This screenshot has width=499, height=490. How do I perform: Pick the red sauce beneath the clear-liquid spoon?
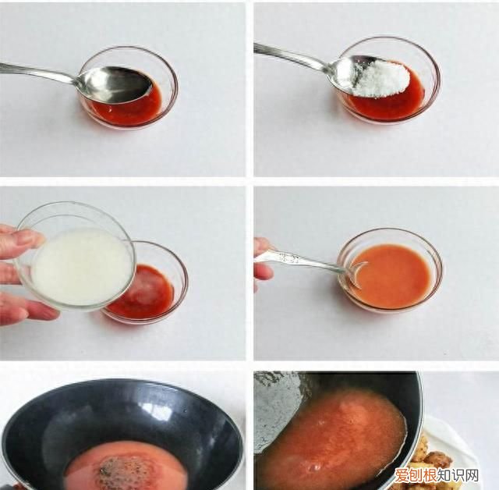click(x=133, y=112)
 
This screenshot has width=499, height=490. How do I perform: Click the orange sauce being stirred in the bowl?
click(x=394, y=275)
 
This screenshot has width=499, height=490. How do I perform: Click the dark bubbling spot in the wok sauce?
click(x=122, y=470)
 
